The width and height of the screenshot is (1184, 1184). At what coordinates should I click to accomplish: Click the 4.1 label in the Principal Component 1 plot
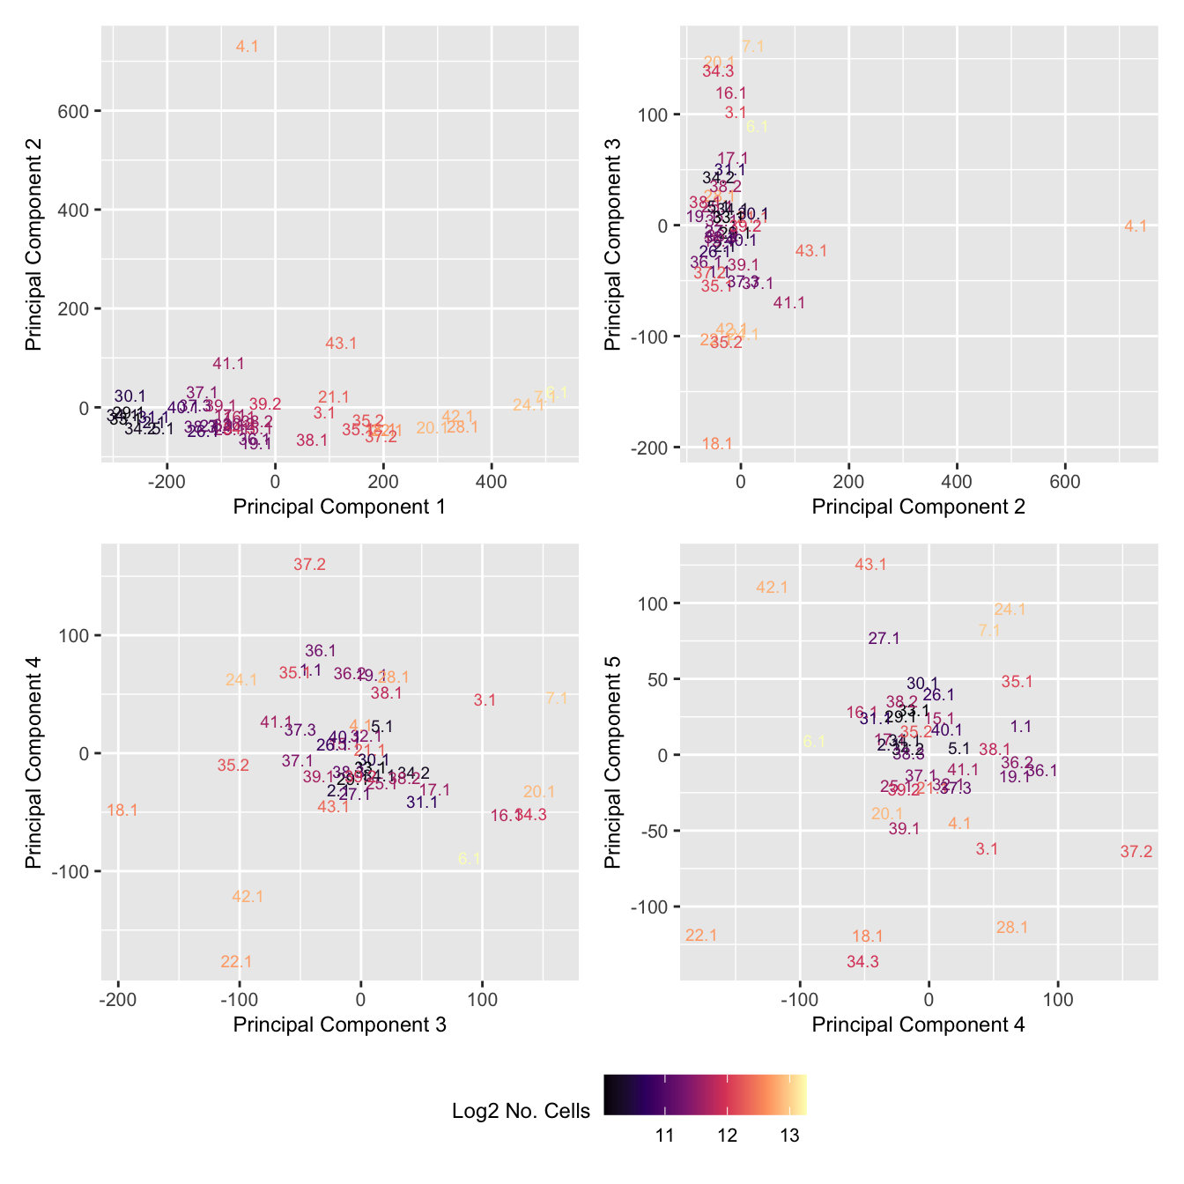coord(248,47)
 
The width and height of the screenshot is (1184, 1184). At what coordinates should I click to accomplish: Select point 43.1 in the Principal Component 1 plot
coord(341,344)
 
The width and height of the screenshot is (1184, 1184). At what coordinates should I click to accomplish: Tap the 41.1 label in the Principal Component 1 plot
coord(229,364)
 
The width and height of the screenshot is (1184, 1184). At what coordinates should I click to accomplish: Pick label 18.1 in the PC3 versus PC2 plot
coord(717,444)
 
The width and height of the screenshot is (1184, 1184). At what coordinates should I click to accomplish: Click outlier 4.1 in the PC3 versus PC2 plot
coord(1136,226)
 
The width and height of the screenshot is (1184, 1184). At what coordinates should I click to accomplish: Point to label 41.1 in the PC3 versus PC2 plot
coord(789,303)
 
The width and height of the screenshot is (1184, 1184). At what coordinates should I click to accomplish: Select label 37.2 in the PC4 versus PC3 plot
coord(309,565)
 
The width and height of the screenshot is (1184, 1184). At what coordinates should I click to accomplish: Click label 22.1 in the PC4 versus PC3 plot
coord(236,962)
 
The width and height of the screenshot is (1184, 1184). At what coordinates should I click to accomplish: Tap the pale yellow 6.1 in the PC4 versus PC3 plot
coord(470,859)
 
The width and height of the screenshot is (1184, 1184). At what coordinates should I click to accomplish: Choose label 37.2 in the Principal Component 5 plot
coord(1136,852)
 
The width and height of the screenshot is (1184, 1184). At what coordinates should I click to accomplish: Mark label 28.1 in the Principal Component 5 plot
coord(1012,928)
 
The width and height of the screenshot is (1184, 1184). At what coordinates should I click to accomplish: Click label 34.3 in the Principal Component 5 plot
coord(862,962)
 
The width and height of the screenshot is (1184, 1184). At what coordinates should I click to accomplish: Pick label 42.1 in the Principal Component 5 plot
coord(772,588)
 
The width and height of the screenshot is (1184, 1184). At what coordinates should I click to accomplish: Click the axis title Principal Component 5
coord(614,762)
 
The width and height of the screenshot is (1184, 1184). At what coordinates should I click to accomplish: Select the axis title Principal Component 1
coord(339,507)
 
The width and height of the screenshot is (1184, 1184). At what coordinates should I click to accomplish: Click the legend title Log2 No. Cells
coord(521,1111)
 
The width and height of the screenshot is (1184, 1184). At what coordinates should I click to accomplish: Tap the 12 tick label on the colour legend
coord(727,1136)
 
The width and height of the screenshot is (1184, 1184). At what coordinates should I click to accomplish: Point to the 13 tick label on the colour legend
coord(789,1136)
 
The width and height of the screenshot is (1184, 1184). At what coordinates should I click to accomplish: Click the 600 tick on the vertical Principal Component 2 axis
coord(77,111)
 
